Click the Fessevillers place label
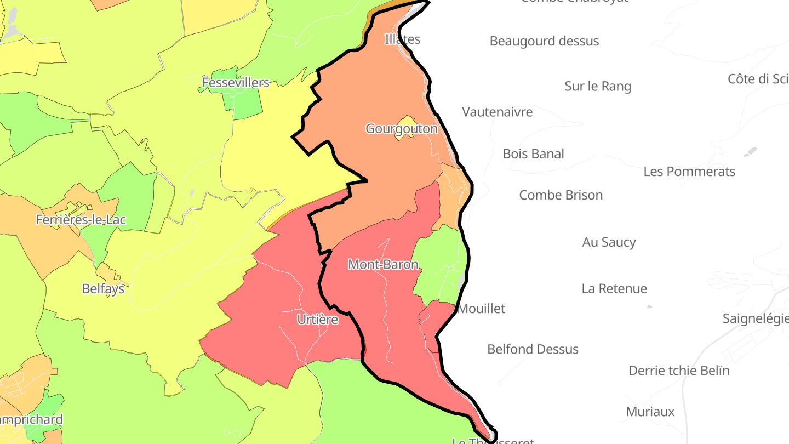pyautogui.click(x=236, y=83)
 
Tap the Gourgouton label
pyautogui.click(x=402, y=129)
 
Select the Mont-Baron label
pyautogui.click(x=383, y=265)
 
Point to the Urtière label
pyautogui.click(x=317, y=320)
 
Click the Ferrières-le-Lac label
pyautogui.click(x=81, y=220)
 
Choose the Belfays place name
pyautogui.click(x=103, y=288)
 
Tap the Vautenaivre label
pyautogui.click(x=497, y=112)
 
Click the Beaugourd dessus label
pyautogui.click(x=544, y=41)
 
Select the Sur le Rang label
pyautogui.click(x=598, y=86)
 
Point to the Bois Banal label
pyautogui.click(x=533, y=154)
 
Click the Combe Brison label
pyautogui.click(x=561, y=195)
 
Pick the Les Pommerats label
pyautogui.click(x=689, y=172)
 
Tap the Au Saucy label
pyautogui.click(x=609, y=242)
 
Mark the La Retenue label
pyautogui.click(x=614, y=289)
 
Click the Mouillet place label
pyautogui.click(x=481, y=309)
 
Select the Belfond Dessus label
pyautogui.click(x=533, y=349)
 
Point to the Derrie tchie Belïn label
pyautogui.click(x=679, y=371)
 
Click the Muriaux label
pyautogui.click(x=650, y=412)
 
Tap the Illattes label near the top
pyautogui.click(x=402, y=39)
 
